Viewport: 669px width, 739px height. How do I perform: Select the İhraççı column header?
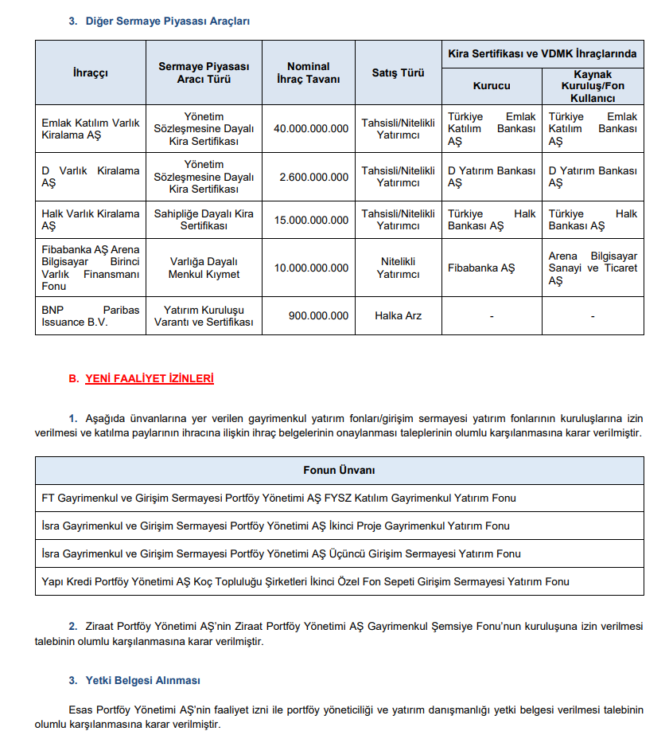pyautogui.click(x=90, y=73)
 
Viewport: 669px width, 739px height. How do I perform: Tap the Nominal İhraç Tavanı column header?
pyautogui.click(x=308, y=73)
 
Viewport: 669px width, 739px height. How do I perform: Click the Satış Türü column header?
pyautogui.click(x=398, y=73)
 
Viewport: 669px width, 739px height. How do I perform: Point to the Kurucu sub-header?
pyautogui.click(x=492, y=86)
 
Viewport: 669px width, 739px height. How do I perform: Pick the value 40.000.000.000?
pyautogui.click(x=310, y=128)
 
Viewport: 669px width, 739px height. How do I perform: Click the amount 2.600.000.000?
pyautogui.click(x=313, y=177)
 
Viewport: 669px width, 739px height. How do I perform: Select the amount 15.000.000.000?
pyautogui.click(x=310, y=220)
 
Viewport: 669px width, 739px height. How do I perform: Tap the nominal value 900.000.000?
pyautogui.click(x=318, y=315)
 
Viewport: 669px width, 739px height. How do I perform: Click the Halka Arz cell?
pyautogui.click(x=398, y=315)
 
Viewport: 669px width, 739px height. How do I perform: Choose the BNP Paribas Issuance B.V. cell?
pyautogui.click(x=90, y=315)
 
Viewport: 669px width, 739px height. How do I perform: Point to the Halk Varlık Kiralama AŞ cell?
pyautogui.click(x=90, y=220)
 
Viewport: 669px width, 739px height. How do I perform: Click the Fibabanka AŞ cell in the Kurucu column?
pyautogui.click(x=481, y=268)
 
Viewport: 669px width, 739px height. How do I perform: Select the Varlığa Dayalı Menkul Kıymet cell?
pyautogui.click(x=204, y=268)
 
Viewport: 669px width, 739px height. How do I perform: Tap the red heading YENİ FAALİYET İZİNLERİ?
pyautogui.click(x=150, y=379)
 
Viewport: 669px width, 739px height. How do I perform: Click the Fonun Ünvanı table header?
pyautogui.click(x=339, y=471)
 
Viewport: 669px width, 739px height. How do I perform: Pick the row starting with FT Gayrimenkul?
pyautogui.click(x=278, y=499)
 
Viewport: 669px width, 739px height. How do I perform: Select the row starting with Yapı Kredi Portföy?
pyautogui.click(x=305, y=581)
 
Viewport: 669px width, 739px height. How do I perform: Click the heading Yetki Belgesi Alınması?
pyautogui.click(x=142, y=681)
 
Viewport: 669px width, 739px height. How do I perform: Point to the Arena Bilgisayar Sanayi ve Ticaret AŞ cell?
pyautogui.click(x=593, y=268)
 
